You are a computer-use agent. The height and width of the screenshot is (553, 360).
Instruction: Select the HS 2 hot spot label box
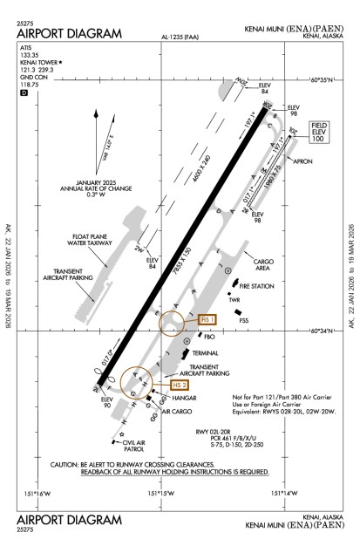coord(179,385)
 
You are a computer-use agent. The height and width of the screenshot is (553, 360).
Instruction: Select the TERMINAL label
coord(206,330)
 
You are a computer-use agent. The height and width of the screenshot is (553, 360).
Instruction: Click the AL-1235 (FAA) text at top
coord(180,38)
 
